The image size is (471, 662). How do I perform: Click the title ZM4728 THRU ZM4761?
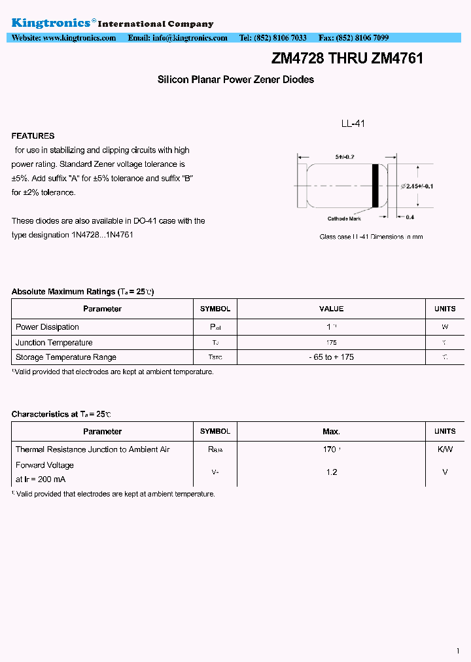pos(347,59)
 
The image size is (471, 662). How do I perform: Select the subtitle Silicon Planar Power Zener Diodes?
pos(235,80)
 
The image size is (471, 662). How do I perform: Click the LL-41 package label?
pos(353,123)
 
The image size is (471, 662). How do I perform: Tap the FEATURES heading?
pos(33,136)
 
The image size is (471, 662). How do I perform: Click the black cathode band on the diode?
pos(375,185)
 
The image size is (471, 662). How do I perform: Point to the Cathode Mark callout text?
pos(344,219)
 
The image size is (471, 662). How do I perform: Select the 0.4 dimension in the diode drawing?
pos(410,217)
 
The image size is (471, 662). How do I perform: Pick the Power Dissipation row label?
pos(47,327)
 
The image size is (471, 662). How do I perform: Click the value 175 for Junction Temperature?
pos(331,343)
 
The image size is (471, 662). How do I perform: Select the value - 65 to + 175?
pos(331,357)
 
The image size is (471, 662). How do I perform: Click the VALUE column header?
pos(331,309)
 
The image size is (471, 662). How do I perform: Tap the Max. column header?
pos(331,432)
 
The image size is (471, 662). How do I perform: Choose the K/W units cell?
pos(445,449)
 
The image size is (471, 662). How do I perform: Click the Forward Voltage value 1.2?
pos(332,472)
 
